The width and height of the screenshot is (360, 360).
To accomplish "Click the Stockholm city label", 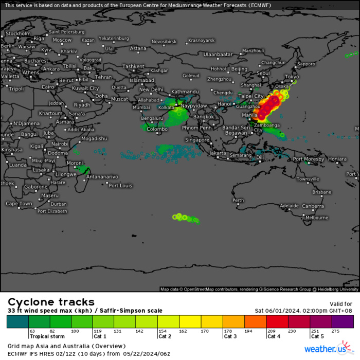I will [x=18, y=33].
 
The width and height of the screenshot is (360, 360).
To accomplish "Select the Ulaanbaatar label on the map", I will [x=219, y=54].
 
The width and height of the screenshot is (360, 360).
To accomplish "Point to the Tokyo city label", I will [x=292, y=77].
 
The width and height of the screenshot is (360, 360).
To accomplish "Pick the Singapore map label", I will [x=197, y=140].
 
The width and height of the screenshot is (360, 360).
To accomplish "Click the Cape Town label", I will [x=19, y=204].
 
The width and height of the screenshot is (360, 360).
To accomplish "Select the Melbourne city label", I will [x=316, y=218].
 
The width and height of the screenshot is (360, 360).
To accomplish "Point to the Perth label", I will [x=238, y=200].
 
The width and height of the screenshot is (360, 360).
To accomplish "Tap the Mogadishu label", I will [x=95, y=138].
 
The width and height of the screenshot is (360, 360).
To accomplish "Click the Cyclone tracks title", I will [x=50, y=302].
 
